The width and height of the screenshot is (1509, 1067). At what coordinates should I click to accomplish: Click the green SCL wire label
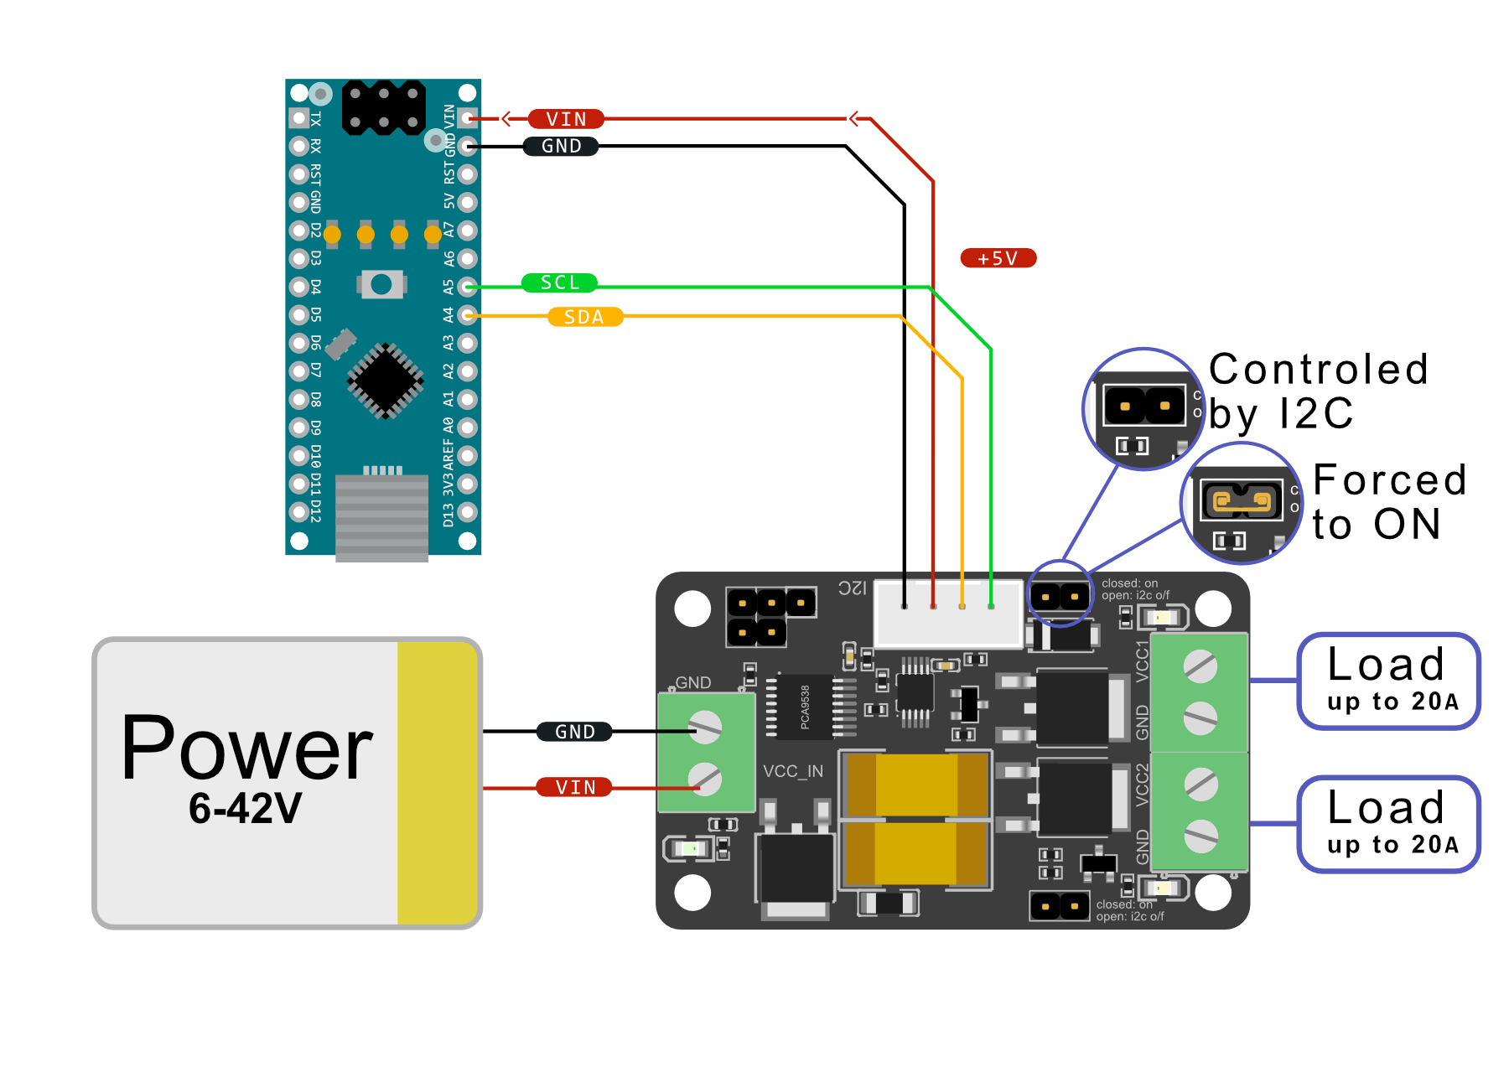[x=559, y=283]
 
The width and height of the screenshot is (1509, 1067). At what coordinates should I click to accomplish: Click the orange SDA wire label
[x=584, y=318]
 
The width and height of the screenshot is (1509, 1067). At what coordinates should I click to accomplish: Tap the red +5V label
[x=998, y=258]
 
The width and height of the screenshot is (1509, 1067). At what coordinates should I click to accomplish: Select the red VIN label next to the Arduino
[x=566, y=119]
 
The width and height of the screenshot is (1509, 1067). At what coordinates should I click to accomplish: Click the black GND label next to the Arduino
[x=561, y=146]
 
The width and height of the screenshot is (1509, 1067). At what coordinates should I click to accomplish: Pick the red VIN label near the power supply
[x=575, y=787]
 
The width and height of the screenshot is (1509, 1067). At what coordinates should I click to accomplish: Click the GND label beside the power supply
[x=574, y=732]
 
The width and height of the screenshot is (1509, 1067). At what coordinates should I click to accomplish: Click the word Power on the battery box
[x=246, y=748]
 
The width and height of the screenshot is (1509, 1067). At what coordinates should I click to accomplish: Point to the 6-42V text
[x=245, y=808]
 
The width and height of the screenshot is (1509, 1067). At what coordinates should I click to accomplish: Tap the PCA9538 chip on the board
[x=804, y=707]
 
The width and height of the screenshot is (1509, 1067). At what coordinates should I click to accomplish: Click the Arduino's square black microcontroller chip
[x=385, y=381]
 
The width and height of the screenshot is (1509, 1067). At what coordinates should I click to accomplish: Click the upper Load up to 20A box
[x=1388, y=681]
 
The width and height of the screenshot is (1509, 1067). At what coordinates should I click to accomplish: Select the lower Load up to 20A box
[x=1388, y=824]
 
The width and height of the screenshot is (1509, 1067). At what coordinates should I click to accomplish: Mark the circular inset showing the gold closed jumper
[x=1242, y=503]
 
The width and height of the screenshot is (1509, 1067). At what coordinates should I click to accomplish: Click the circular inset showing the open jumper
[x=1143, y=409]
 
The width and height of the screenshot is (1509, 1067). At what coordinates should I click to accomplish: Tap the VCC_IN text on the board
[x=793, y=771]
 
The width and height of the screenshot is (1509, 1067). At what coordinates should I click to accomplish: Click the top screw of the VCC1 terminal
[x=1200, y=667]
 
